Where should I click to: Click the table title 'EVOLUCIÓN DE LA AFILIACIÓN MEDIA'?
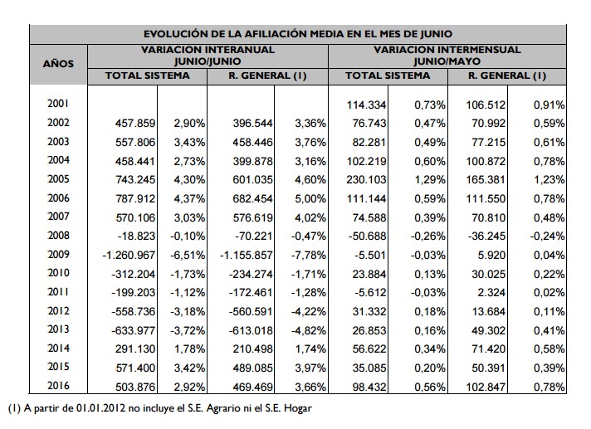pyautogui.click(x=297, y=34)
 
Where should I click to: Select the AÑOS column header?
pyautogui.click(x=58, y=62)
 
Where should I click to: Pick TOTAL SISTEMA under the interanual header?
pyautogui.click(x=147, y=76)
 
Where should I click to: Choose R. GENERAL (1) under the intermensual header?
pyautogui.click(x=506, y=76)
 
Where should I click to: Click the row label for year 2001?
pyautogui.click(x=58, y=105)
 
